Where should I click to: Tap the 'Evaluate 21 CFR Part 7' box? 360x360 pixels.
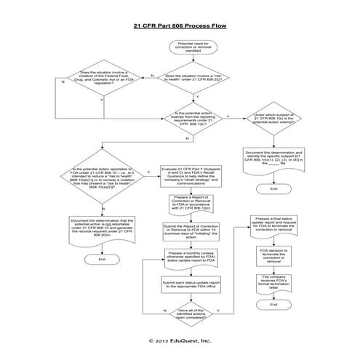pos(188,176)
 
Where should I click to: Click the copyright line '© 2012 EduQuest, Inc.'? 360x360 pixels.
pos(180,340)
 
